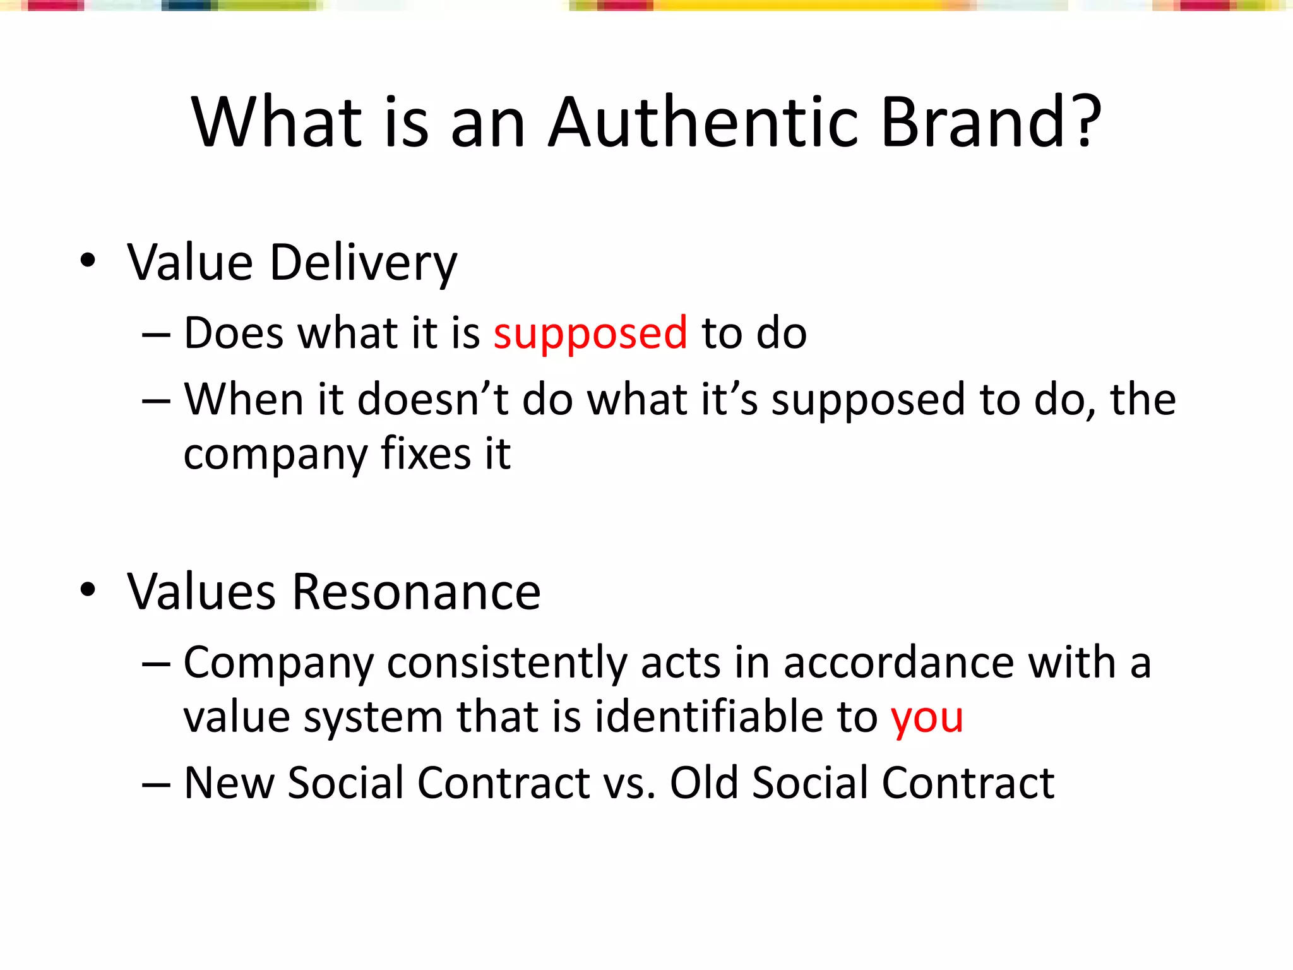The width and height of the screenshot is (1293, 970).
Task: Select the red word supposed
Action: (590, 333)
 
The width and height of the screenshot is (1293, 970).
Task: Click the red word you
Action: (926, 717)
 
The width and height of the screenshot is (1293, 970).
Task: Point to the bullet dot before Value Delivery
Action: (88, 261)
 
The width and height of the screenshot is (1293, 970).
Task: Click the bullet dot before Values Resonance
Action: (88, 590)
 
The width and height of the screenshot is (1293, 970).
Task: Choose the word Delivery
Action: (363, 263)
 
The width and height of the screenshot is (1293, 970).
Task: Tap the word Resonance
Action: (417, 592)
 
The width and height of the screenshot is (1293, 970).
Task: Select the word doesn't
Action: (433, 399)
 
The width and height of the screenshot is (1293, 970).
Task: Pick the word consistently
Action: (507, 663)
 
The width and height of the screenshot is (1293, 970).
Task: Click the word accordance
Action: (898, 663)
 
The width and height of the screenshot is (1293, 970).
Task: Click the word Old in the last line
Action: (703, 783)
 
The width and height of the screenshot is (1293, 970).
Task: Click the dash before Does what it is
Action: (156, 334)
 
